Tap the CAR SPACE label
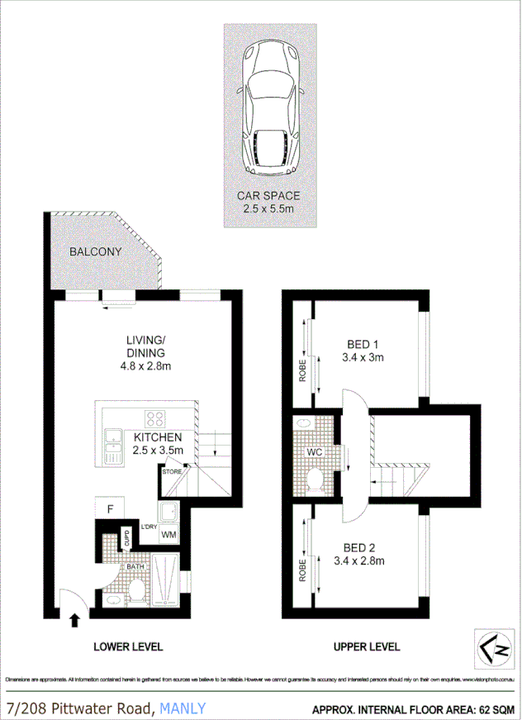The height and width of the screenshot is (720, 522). point(268,196)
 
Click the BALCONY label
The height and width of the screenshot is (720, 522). point(95,251)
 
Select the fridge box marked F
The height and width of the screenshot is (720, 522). point(108,508)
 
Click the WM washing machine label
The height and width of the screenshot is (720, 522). point(169,535)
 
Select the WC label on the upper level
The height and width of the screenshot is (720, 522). point(315,453)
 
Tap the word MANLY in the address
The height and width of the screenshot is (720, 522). point(183,708)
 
